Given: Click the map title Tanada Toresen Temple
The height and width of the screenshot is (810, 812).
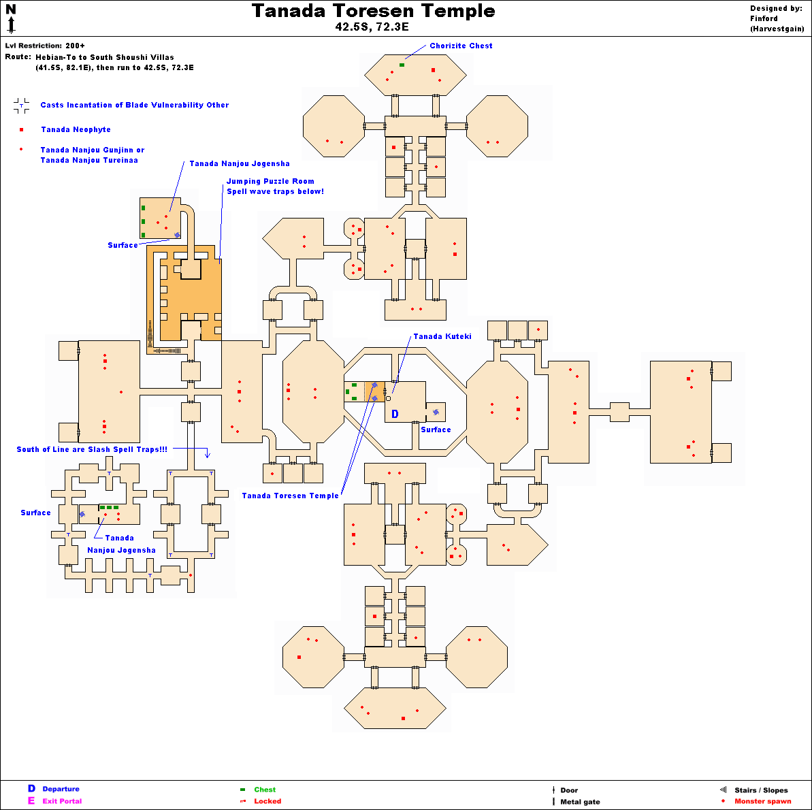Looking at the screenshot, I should (373, 12).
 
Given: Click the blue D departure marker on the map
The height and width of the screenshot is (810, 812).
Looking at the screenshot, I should (395, 414).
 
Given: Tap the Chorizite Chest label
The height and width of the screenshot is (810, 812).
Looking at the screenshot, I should (461, 46).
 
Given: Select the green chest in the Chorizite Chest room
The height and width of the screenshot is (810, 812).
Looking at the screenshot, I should (402, 65).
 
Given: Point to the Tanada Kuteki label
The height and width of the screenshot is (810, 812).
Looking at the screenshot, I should (442, 336).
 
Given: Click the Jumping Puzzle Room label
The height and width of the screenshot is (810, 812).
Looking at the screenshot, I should (270, 181).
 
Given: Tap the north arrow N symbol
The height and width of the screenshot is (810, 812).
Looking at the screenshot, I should (11, 10).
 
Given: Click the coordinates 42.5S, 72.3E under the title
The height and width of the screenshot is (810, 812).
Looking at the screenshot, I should (372, 27).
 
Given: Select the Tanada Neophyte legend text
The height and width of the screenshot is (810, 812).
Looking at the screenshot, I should (76, 129).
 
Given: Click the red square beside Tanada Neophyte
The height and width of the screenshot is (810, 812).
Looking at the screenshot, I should (21, 129).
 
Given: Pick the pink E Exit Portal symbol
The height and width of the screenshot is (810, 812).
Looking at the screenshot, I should (31, 800).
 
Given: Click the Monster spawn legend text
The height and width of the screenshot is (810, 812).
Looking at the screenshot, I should (762, 801).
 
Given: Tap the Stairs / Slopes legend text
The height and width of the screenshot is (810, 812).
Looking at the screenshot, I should (761, 790).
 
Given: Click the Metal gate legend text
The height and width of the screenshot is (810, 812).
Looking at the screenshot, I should (580, 802).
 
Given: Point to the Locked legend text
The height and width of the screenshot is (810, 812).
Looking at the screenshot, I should (267, 801).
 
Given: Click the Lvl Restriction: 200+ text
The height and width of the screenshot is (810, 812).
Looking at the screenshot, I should (45, 46).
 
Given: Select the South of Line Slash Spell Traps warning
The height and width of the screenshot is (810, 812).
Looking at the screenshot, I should (92, 449).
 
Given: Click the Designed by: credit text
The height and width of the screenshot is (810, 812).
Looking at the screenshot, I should (776, 9).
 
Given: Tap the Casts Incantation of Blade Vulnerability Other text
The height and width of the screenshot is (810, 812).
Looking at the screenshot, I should (134, 105).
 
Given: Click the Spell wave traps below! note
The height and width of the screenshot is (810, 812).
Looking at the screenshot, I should (275, 191).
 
